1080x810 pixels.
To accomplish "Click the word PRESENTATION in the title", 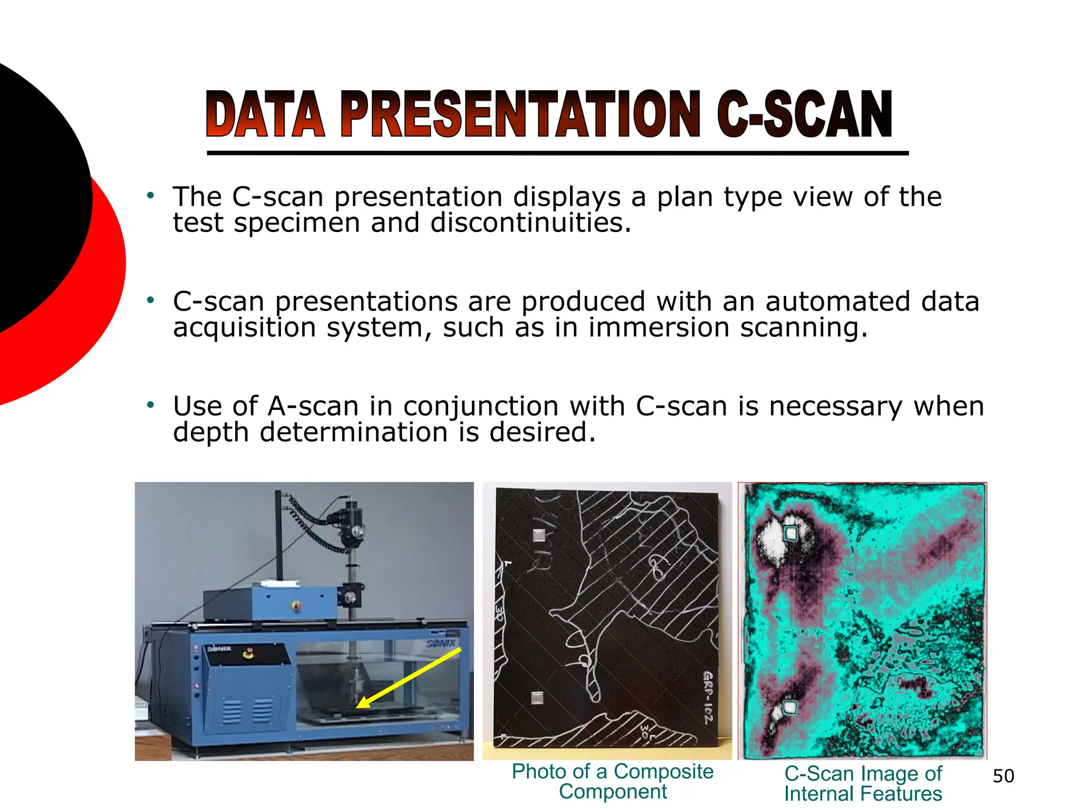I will (519, 114).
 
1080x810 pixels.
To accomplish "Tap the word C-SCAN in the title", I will (804, 114).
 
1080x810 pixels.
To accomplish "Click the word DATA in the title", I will (265, 114).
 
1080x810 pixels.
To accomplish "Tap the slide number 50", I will (1003, 776).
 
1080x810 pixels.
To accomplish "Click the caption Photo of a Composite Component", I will (612, 782).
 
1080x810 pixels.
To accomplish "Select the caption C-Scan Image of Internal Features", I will (863, 784).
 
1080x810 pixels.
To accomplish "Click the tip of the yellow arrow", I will (359, 707).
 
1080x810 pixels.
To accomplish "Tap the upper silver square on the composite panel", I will (538, 535).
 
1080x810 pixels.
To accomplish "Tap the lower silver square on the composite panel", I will (537, 698).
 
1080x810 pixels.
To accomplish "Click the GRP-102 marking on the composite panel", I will (708, 698).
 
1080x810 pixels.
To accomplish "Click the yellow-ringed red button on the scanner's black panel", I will (248, 654).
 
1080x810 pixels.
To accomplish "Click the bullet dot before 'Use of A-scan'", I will (151, 405).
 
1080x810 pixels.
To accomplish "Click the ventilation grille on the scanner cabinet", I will (247, 711).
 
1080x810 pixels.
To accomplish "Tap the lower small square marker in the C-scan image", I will (789, 707).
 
